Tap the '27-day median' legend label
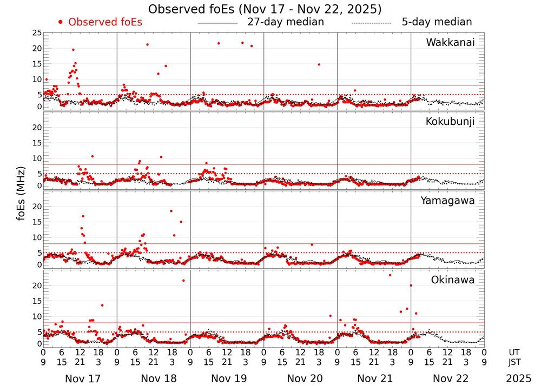coord(285,22)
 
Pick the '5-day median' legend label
coord(437,22)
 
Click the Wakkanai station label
coord(450,43)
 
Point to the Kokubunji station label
coord(450,122)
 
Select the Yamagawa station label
coord(448,201)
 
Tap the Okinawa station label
coord(453,280)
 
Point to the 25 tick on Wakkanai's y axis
coord(37,33)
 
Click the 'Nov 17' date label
coord(80,378)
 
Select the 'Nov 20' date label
coord(300,378)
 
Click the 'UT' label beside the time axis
coord(514,352)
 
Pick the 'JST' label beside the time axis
coord(514,361)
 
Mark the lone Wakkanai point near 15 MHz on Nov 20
coord(319,64)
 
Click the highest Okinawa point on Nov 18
coord(183,280)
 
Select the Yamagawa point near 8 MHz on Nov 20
coord(312,244)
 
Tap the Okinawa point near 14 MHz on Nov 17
coord(102,305)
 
